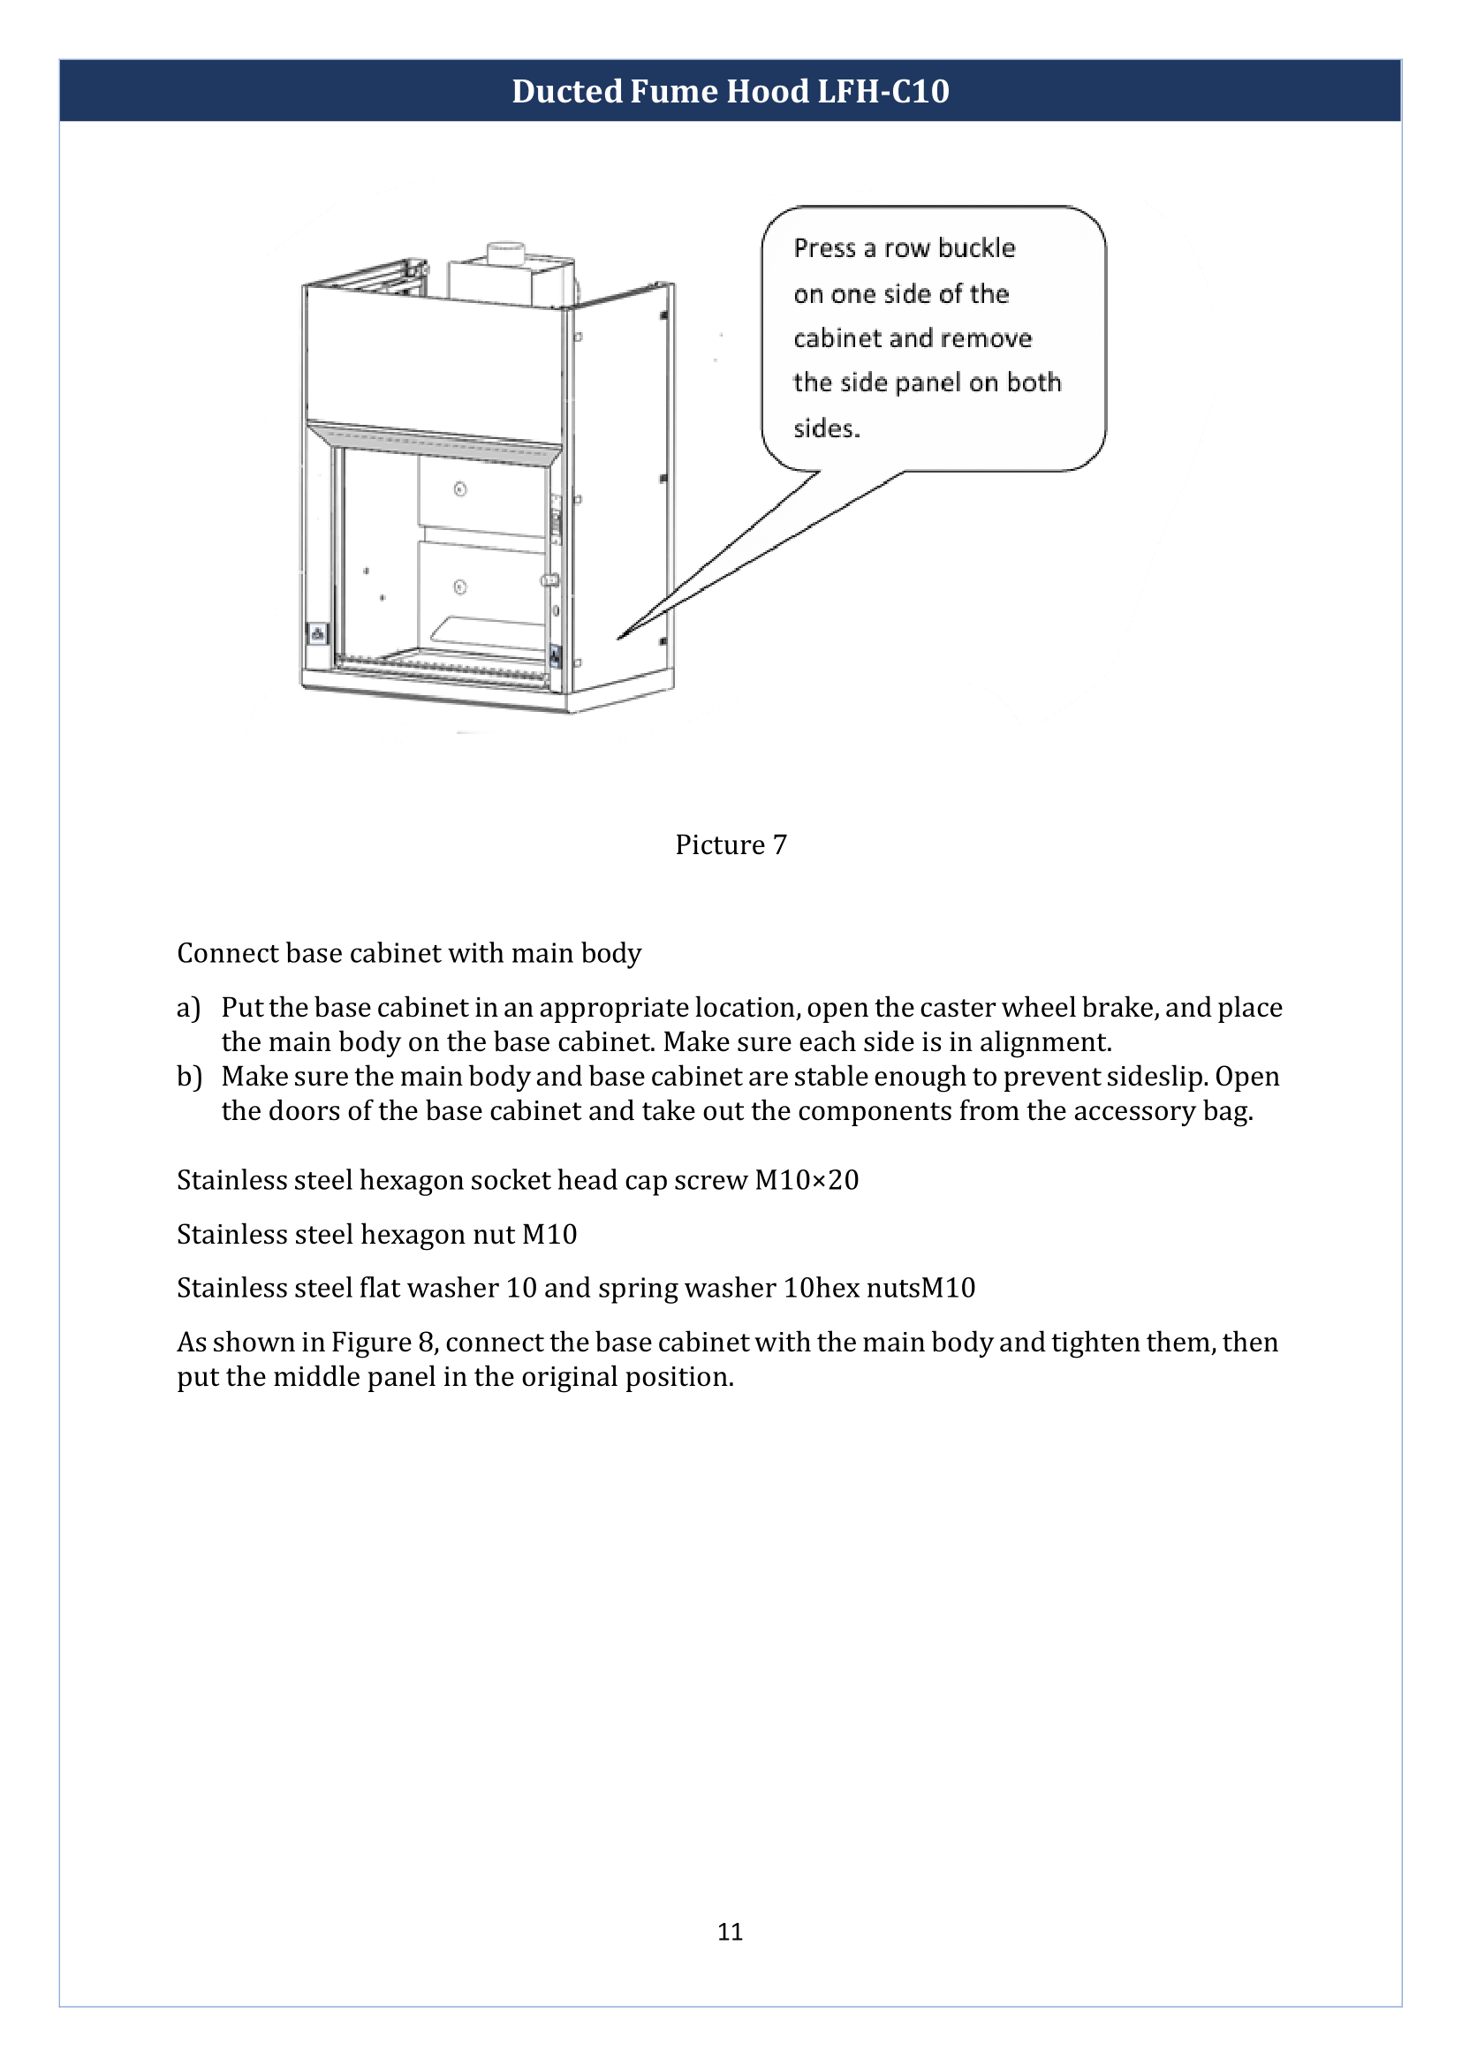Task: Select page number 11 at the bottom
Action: click(x=730, y=1931)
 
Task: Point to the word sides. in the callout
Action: click(x=827, y=428)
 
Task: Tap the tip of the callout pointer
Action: click(x=619, y=638)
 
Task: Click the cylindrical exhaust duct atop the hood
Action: click(x=505, y=254)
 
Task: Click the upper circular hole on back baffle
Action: click(x=460, y=489)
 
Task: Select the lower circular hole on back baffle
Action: click(x=460, y=587)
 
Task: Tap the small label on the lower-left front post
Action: click(x=318, y=633)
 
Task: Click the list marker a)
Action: click(x=188, y=1007)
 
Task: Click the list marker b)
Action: click(x=188, y=1077)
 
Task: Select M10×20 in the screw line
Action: click(x=807, y=1179)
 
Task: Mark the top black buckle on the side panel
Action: click(x=663, y=316)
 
